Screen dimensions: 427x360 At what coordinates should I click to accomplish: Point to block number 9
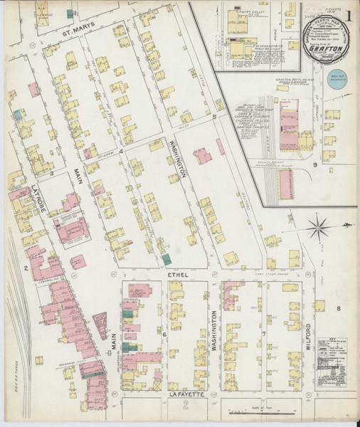click(314, 164)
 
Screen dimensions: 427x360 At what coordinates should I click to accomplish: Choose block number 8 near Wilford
click(339, 308)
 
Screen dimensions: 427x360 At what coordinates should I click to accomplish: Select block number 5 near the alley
click(214, 115)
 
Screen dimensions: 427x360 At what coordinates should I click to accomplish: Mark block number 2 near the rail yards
click(25, 268)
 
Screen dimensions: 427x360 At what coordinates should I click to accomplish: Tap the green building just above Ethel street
click(166, 260)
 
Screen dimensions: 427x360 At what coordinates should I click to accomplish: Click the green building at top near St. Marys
click(70, 13)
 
